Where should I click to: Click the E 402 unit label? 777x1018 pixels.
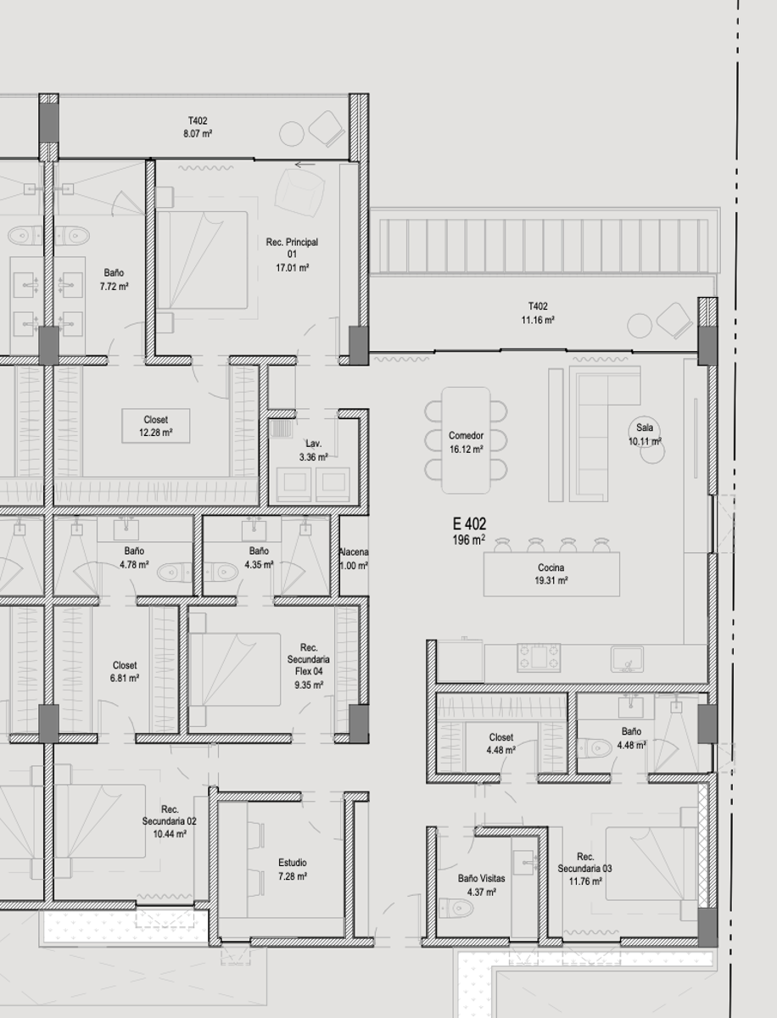click(x=469, y=531)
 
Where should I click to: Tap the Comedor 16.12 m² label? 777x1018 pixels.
click(x=466, y=443)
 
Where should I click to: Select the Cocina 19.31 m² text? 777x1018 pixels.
click(x=551, y=573)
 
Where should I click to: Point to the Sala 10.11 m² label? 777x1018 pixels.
click(x=645, y=434)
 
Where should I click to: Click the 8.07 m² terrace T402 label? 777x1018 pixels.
click(x=198, y=127)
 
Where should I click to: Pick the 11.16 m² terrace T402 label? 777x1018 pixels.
click(x=538, y=313)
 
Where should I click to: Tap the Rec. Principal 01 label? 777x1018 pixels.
click(x=292, y=255)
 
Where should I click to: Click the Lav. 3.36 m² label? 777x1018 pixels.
click(x=313, y=450)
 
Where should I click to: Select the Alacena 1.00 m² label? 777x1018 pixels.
click(x=354, y=559)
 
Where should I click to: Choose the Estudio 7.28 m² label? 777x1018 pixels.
click(x=293, y=870)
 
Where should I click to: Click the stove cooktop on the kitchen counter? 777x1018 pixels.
click(x=539, y=657)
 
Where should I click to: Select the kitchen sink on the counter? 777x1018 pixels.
click(x=627, y=659)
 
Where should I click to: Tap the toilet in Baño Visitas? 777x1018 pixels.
click(x=456, y=908)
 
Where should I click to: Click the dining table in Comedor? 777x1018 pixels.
click(x=466, y=440)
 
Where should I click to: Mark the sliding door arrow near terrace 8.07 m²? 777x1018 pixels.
click(x=305, y=165)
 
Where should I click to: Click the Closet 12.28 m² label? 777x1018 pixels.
click(x=156, y=426)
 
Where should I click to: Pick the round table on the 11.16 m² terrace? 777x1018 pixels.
click(x=640, y=326)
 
